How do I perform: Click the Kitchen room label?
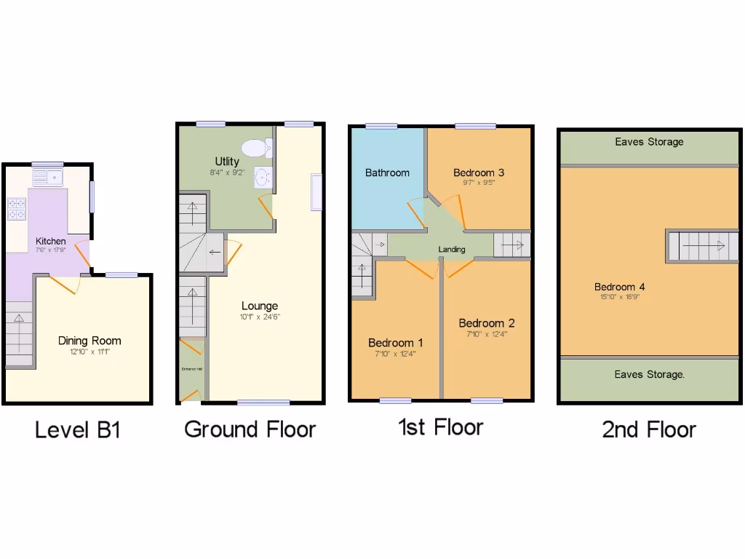click(51, 241)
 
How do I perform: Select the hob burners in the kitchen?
click(17, 209)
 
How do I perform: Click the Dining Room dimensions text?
click(89, 352)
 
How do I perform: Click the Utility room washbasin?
click(262, 175)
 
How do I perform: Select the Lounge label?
click(260, 306)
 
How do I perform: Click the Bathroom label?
click(387, 173)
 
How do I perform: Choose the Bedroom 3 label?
click(479, 173)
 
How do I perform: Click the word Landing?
click(451, 250)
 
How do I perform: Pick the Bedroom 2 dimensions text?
click(487, 335)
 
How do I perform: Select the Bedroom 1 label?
click(396, 343)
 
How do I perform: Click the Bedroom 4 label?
click(619, 287)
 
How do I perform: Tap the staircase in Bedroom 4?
click(702, 246)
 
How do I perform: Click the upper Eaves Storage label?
click(649, 142)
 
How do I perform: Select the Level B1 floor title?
click(77, 429)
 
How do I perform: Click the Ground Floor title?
click(250, 429)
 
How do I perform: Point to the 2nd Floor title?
click(649, 429)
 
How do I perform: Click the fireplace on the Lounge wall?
click(316, 192)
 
